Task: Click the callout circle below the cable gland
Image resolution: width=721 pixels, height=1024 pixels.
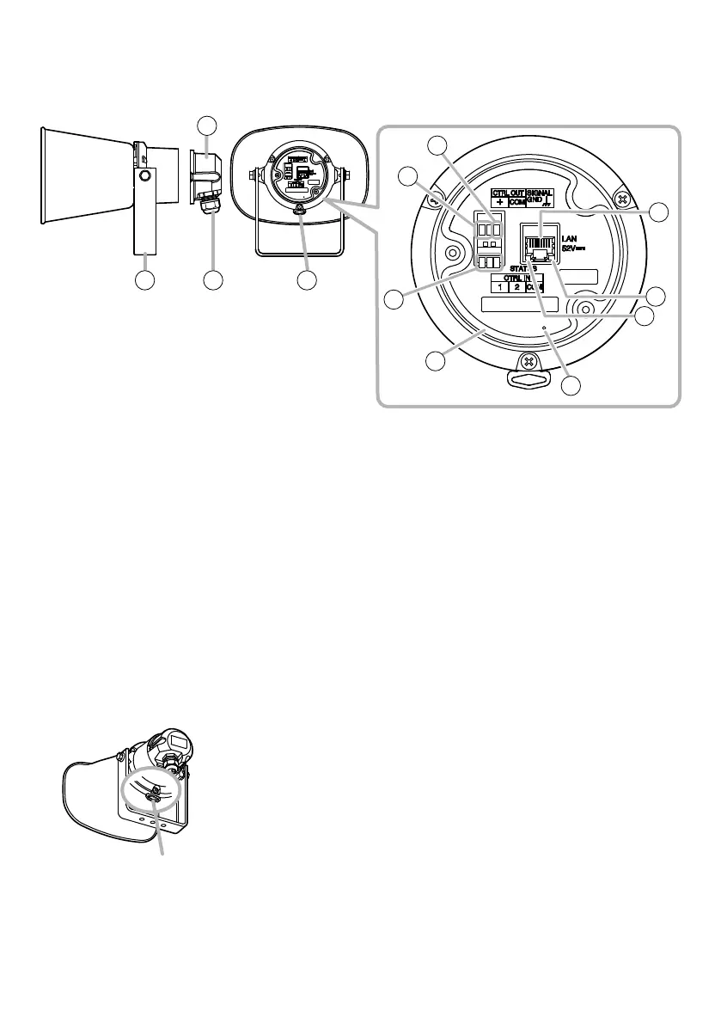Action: pyautogui.click(x=213, y=280)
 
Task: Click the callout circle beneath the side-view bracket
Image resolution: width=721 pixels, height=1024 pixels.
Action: pyautogui.click(x=144, y=280)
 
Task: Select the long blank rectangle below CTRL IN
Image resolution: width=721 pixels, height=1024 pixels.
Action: pyautogui.click(x=519, y=304)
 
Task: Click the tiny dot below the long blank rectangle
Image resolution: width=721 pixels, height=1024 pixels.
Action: pyautogui.click(x=544, y=328)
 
